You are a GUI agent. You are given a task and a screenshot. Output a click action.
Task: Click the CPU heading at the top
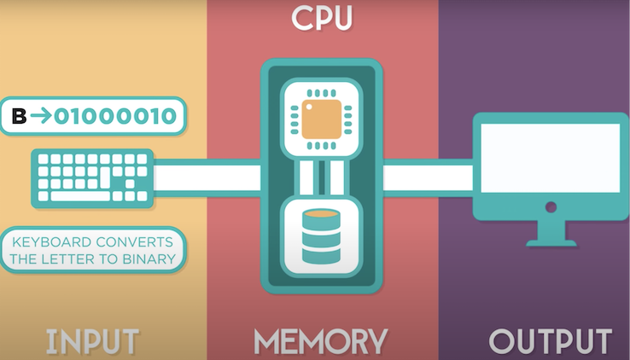point(321,19)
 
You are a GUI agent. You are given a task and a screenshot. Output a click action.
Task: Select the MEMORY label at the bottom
point(321,341)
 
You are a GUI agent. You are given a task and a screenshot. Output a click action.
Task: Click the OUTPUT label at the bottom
point(550,341)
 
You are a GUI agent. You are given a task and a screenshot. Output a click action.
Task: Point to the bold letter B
point(19,116)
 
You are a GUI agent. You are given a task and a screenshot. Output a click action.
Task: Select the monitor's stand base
point(550,241)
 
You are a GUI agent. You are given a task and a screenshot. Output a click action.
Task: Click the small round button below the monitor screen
point(551,206)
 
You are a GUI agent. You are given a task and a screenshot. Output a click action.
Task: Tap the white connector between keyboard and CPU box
point(207,177)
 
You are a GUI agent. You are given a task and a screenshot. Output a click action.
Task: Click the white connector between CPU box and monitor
point(427,177)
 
